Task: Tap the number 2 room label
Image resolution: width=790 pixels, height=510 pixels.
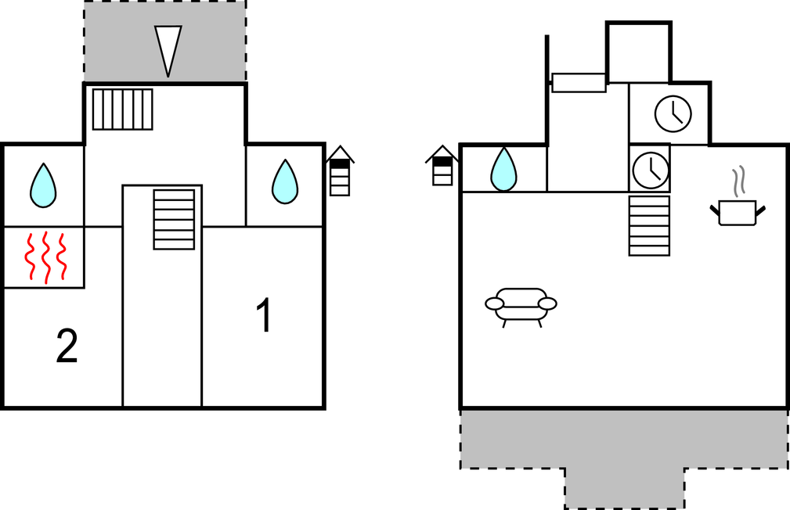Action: (x=67, y=346)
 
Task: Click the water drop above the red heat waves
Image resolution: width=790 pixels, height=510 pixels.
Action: (x=43, y=185)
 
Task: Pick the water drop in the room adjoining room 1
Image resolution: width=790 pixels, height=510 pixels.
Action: (x=285, y=181)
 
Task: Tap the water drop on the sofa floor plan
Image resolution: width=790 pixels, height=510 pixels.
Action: (x=503, y=169)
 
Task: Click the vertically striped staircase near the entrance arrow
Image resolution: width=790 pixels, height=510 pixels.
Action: (x=122, y=110)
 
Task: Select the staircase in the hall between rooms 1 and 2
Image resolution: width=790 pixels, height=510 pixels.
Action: (x=174, y=220)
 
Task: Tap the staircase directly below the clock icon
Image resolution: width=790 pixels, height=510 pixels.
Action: (x=649, y=225)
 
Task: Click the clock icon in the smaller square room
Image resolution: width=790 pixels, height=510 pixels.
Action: (x=651, y=170)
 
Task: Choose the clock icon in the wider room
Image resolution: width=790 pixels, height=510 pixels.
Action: (x=673, y=113)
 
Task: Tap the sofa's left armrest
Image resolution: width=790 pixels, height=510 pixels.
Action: (x=494, y=303)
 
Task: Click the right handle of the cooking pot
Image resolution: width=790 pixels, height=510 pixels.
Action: (x=760, y=210)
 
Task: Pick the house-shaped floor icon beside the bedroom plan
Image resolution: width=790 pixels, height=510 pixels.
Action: (x=340, y=171)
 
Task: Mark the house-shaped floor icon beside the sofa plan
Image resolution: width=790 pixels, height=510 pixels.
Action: (x=442, y=166)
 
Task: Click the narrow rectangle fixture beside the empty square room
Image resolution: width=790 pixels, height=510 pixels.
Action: (x=579, y=83)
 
